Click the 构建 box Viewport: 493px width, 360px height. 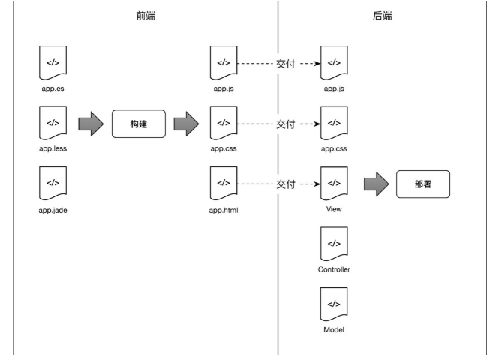coord(137,122)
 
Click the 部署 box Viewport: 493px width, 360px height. coord(423,184)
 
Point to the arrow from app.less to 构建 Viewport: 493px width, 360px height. coord(90,122)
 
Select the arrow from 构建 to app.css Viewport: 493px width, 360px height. coord(185,122)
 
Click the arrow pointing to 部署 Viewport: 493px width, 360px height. coord(375,184)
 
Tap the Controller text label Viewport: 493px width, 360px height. coord(335,268)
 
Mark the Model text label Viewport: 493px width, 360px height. coord(335,329)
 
